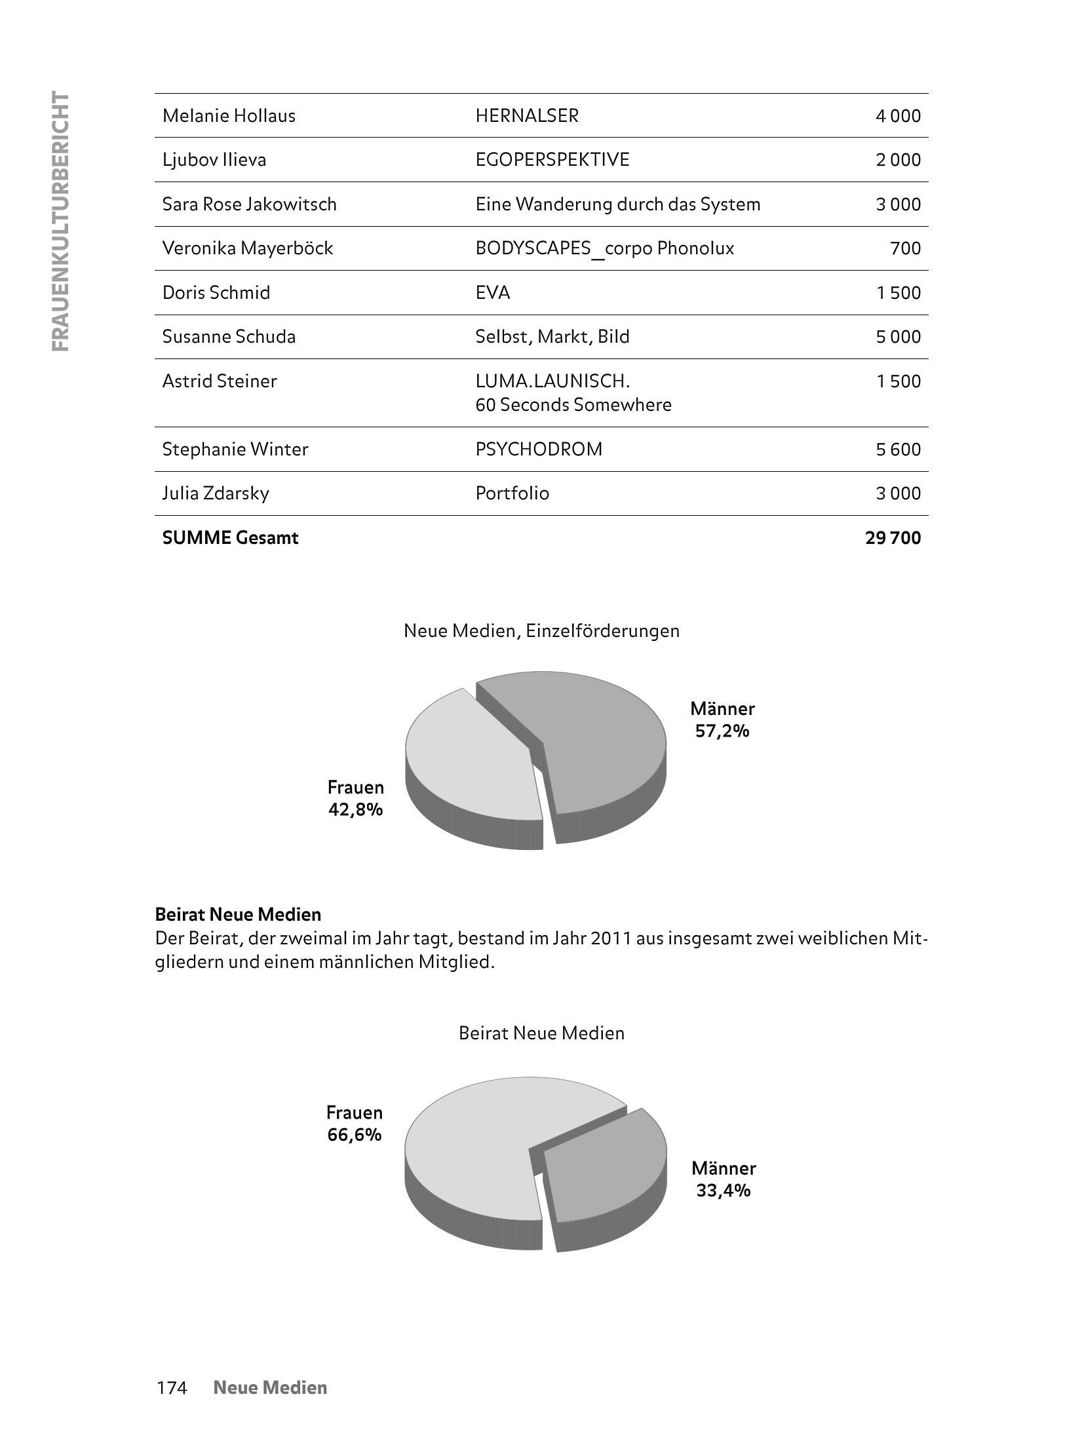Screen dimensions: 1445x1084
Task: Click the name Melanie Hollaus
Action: (229, 116)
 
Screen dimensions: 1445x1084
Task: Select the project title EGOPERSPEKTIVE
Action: (552, 160)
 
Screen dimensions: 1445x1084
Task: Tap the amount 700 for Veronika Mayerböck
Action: (906, 248)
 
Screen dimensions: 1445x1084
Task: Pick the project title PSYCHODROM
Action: (539, 450)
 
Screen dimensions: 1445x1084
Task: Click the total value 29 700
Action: (893, 538)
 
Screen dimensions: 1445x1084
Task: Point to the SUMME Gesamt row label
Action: (230, 538)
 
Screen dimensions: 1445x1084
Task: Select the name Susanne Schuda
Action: (229, 337)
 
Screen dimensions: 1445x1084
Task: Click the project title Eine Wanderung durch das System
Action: (617, 204)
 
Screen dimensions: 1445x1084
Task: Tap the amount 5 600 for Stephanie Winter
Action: (898, 450)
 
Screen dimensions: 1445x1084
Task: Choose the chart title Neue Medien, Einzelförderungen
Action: (541, 631)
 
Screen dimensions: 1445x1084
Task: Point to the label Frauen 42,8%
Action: (355, 799)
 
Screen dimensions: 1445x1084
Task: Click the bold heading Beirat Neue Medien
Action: (238, 914)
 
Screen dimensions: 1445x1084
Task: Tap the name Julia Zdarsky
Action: (216, 493)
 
